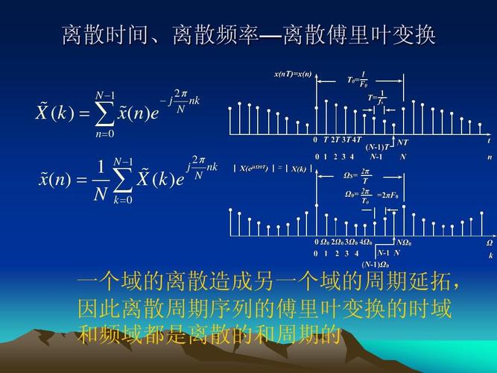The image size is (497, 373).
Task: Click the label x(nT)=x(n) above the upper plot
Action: (292, 75)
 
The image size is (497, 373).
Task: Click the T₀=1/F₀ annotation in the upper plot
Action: (357, 78)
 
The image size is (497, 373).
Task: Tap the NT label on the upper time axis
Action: (402, 141)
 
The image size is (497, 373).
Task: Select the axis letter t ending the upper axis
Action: (489, 141)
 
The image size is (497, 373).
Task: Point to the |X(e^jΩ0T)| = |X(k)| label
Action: (270, 169)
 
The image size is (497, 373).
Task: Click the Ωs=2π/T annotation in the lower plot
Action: (358, 176)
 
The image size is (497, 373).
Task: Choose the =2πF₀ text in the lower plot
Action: (387, 195)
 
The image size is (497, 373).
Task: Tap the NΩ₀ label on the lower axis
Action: (403, 242)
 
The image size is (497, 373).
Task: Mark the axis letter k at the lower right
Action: (490, 254)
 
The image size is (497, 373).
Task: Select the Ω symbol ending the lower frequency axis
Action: (490, 242)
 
